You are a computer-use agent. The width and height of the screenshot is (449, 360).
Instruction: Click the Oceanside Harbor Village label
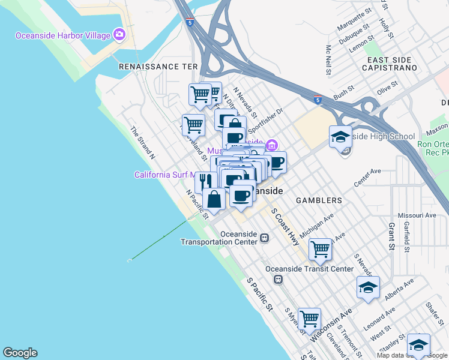click(x=63, y=35)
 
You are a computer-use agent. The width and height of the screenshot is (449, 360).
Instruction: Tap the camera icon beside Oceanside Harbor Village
click(x=119, y=35)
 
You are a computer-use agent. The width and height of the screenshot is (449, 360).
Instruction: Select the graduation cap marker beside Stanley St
click(x=418, y=345)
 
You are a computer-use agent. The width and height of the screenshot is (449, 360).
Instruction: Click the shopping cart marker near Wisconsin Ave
click(x=309, y=319)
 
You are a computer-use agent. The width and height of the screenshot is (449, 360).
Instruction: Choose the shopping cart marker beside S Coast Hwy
click(x=321, y=249)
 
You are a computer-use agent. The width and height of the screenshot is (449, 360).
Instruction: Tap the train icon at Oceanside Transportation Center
click(x=264, y=238)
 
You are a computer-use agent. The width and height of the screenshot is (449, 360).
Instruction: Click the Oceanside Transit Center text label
click(x=309, y=269)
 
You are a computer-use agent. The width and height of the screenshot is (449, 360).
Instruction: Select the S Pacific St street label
click(x=259, y=295)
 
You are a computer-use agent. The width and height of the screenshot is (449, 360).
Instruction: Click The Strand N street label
click(x=143, y=142)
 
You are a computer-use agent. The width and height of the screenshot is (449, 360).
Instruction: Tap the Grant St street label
click(x=391, y=235)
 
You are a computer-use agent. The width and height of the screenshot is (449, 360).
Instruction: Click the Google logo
click(x=20, y=353)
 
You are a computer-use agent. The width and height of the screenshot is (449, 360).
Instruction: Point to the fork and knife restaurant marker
click(x=205, y=180)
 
